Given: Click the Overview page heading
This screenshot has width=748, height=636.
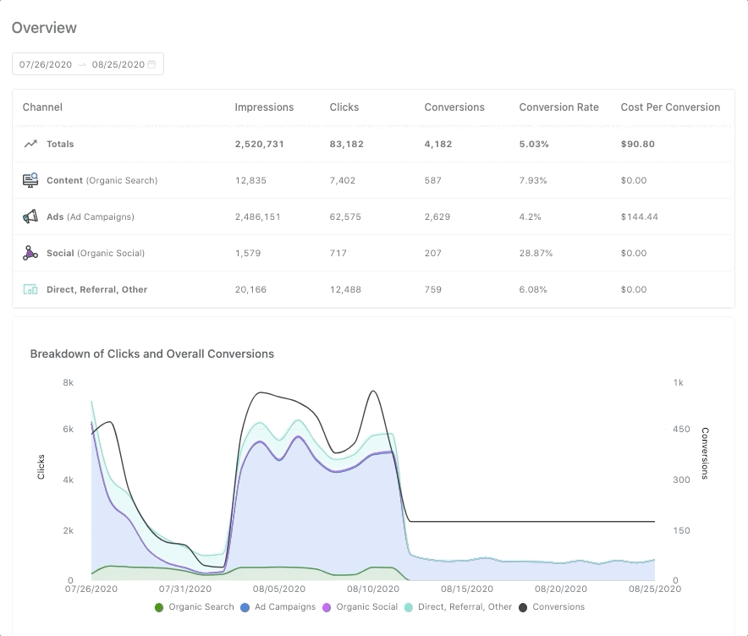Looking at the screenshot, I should pos(44,28).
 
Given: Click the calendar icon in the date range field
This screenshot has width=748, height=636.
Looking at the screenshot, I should pos(152,64).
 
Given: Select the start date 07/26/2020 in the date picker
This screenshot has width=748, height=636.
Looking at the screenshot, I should pos(46,64).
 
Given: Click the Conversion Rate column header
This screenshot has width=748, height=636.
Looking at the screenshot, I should pos(558,107).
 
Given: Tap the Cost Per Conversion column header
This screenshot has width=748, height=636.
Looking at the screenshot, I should pos(670,107).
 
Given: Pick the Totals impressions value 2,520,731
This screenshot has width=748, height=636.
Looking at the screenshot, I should pos(259,144).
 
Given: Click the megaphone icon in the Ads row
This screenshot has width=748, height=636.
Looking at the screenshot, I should pos(30,217).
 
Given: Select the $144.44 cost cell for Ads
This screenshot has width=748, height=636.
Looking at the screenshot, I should pos(639,217).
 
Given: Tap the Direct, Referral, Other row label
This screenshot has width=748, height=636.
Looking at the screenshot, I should pos(96,289).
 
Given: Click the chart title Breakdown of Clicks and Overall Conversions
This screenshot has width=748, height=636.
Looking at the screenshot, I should pos(152,354).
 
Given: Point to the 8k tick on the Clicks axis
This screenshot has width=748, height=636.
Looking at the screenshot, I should pos(69,382).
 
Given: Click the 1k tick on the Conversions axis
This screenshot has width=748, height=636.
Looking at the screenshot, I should pos(678,382).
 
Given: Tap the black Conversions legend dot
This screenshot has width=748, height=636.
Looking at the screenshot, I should pos(523,607).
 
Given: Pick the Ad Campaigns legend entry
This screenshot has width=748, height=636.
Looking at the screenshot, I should pos(278,606).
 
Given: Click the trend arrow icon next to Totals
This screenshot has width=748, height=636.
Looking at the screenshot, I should pos(30,144).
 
